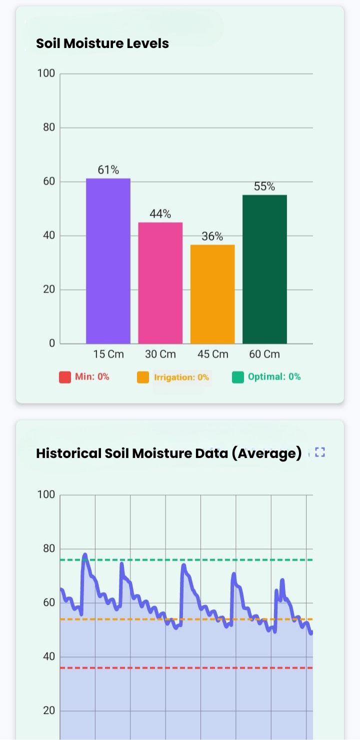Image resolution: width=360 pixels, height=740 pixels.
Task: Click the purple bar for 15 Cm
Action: point(108,260)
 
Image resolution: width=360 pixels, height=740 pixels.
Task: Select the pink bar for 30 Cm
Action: point(160,282)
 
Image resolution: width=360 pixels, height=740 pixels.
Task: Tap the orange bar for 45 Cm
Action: point(212,293)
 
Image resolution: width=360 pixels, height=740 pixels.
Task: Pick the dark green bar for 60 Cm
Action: point(264,269)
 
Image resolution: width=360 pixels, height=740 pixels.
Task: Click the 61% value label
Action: point(108,170)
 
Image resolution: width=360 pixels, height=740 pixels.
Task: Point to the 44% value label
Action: point(160,214)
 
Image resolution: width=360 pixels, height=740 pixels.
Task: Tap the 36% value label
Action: point(212,236)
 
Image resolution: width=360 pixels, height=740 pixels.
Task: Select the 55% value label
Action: point(264,186)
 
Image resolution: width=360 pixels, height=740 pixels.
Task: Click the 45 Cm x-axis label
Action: point(212,354)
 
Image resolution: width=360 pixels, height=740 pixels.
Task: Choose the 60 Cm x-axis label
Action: point(264,354)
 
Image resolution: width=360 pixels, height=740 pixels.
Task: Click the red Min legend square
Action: point(65,377)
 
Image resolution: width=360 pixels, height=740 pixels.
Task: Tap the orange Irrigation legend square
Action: point(143,377)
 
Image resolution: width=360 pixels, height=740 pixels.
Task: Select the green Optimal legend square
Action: point(237,377)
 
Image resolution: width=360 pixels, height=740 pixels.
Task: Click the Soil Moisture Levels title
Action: point(102,43)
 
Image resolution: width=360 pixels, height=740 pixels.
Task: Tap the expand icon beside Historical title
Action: point(320,452)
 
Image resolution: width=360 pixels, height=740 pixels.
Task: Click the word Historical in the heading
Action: point(68,453)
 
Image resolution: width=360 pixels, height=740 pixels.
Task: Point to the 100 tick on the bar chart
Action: point(46,74)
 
